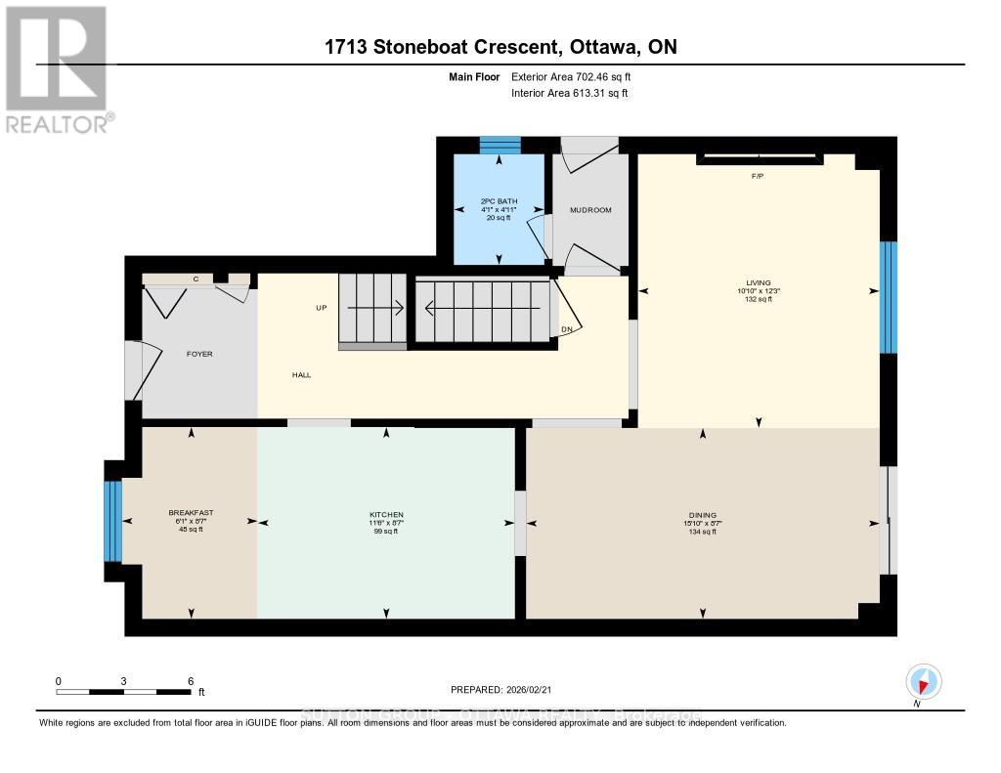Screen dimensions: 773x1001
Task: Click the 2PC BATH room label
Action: point(500,202)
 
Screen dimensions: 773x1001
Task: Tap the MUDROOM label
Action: point(590,210)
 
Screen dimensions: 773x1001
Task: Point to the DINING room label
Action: point(702,515)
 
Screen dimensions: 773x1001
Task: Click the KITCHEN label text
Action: point(386,515)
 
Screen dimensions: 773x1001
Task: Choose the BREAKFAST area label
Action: point(191,513)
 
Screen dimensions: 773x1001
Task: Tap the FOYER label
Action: point(199,354)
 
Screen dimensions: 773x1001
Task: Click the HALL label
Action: point(301,374)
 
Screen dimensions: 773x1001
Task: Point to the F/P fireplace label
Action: point(757,177)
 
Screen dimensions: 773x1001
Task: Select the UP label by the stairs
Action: point(321,308)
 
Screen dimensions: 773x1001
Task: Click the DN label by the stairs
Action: point(566,330)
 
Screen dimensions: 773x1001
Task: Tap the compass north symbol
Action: point(924,681)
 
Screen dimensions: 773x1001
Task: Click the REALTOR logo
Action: point(58,69)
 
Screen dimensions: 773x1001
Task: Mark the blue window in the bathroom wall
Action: point(500,146)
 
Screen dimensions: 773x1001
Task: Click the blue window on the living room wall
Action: point(888,297)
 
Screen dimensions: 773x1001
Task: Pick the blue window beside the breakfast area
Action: point(113,521)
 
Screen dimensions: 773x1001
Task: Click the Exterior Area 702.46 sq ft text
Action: point(578,76)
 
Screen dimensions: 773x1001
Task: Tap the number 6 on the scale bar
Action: point(190,680)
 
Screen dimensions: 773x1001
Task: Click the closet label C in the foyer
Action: point(196,279)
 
